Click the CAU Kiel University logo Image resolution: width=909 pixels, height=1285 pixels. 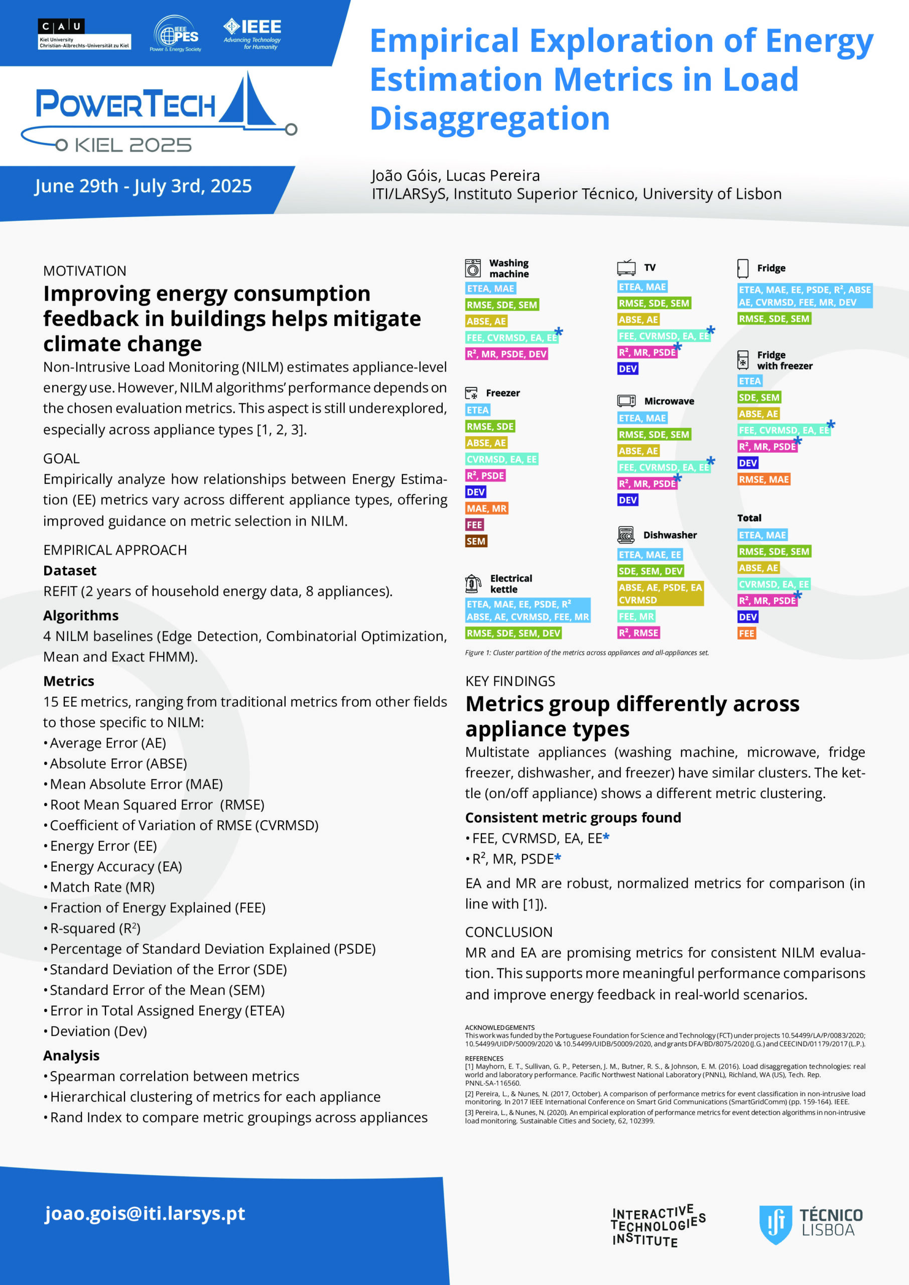tap(84, 34)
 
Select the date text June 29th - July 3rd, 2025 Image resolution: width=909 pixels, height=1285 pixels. tap(143, 186)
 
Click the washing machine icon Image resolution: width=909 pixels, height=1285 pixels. tap(473, 268)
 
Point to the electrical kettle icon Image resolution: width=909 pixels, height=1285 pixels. tap(473, 583)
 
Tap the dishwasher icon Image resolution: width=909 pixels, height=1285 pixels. tap(626, 535)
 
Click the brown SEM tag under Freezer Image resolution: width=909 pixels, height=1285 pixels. tap(476, 541)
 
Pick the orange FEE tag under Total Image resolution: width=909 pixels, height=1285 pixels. tap(747, 633)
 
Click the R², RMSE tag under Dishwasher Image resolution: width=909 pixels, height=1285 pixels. tap(638, 632)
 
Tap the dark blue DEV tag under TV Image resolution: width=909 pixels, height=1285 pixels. tap(627, 368)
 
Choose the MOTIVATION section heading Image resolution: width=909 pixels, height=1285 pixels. tap(84, 271)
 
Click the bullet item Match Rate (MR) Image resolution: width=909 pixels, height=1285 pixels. tap(102, 887)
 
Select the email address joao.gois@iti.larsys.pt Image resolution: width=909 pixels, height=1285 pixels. tap(145, 1213)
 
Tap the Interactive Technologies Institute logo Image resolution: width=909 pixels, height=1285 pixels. tap(658, 1225)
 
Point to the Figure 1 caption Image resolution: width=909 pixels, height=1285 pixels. tap(587, 653)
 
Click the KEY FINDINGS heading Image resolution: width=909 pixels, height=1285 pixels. tap(510, 681)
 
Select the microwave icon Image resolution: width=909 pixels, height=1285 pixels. tap(626, 401)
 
